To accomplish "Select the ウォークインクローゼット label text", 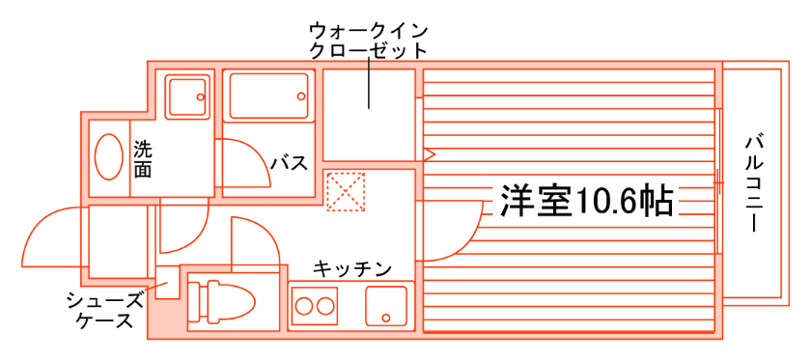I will click(x=367, y=40).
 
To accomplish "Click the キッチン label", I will click(x=351, y=267).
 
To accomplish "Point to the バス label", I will click(x=289, y=163).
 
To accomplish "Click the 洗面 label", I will click(x=143, y=159).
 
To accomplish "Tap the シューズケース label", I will click(x=106, y=310).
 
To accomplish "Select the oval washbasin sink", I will click(x=109, y=155).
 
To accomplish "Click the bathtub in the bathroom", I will click(x=269, y=96).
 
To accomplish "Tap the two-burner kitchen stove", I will click(x=311, y=307).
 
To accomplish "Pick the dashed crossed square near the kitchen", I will click(x=347, y=190).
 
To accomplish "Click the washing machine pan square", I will click(x=187, y=96).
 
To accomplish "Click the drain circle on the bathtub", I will click(x=302, y=96).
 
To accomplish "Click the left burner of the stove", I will click(x=302, y=308).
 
